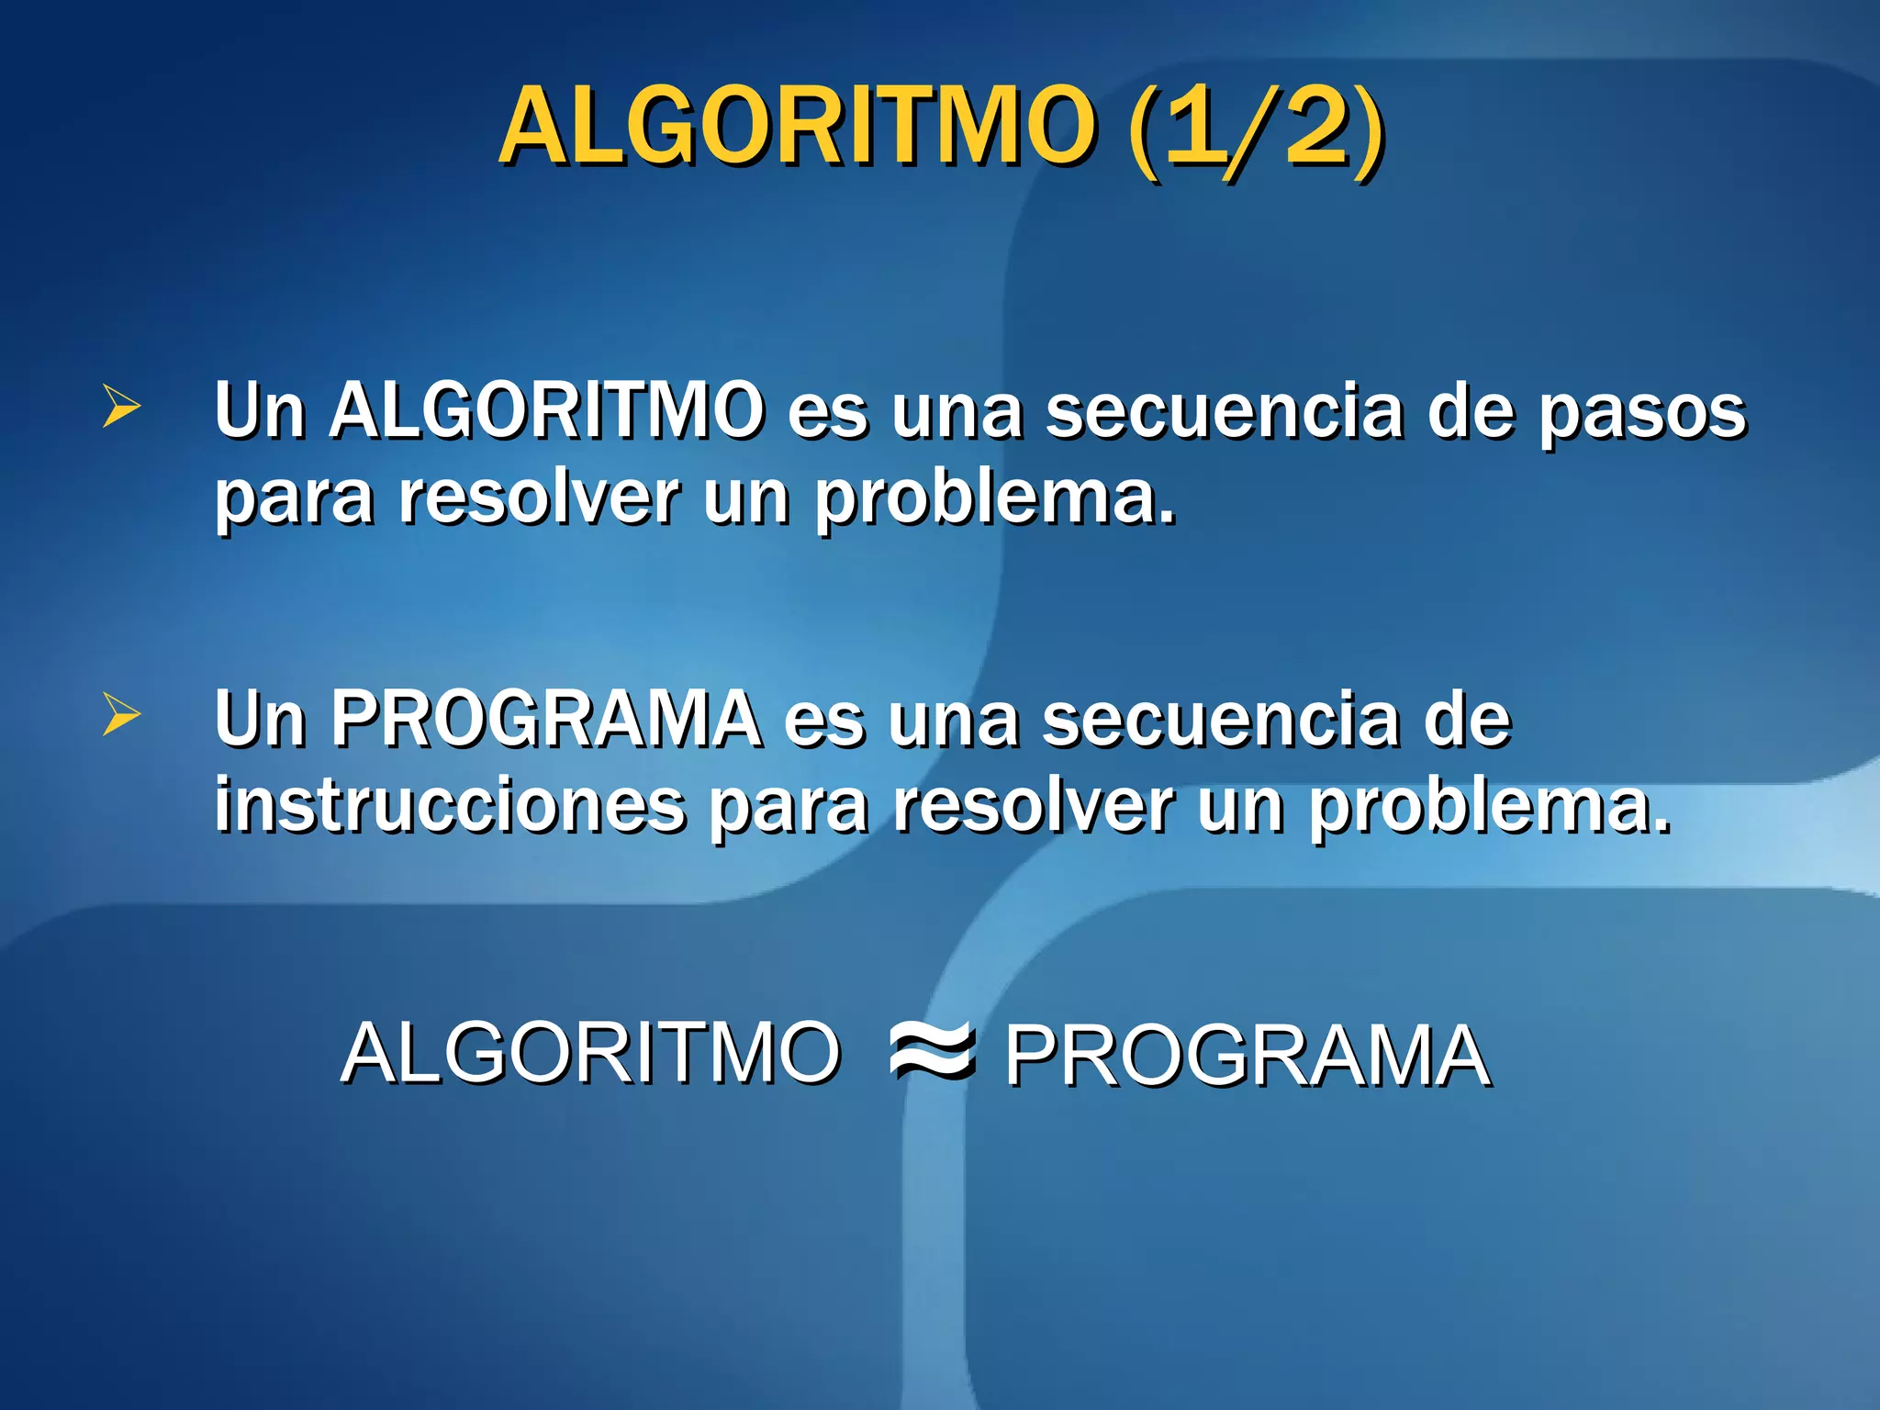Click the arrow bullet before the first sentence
(121, 407)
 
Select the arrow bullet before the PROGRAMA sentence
(121, 715)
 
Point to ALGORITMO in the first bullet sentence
(546, 410)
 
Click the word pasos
(1642, 413)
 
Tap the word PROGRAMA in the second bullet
(546, 719)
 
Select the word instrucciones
(450, 805)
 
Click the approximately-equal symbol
(931, 1052)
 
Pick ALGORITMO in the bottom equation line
(590, 1054)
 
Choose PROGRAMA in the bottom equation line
(1247, 1056)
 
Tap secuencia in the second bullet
(1221, 719)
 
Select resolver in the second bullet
(1033, 805)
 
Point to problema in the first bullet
(994, 498)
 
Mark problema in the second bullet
(1488, 807)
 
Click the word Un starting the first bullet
(260, 410)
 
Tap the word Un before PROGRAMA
(260, 719)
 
